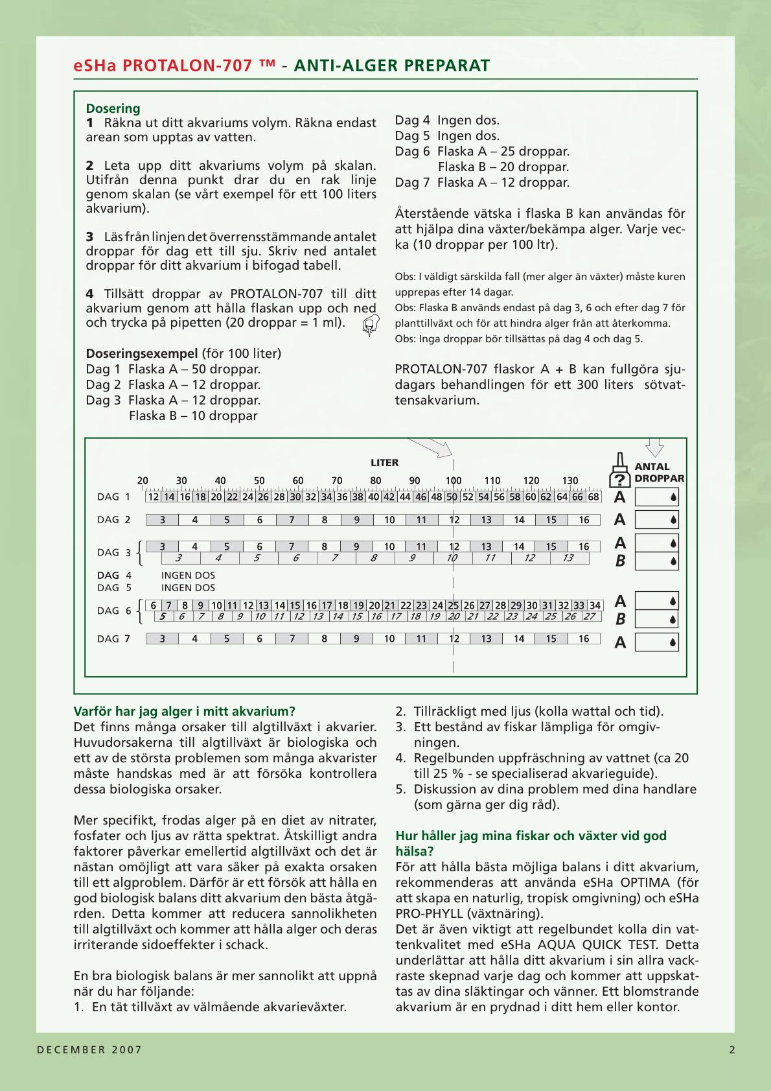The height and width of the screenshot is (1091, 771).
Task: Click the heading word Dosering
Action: [x=113, y=108]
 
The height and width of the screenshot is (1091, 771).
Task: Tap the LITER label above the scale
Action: [x=384, y=463]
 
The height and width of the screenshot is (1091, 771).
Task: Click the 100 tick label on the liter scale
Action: [x=454, y=481]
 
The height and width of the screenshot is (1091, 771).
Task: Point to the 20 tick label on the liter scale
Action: [x=143, y=481]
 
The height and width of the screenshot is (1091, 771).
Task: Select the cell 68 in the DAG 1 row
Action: [x=593, y=497]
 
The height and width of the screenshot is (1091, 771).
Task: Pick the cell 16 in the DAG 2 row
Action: [x=584, y=520]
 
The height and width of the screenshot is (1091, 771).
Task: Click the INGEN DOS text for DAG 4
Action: [x=188, y=576]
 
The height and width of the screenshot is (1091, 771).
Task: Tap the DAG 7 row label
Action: [x=113, y=639]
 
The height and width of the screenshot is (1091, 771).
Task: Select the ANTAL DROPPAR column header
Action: [x=659, y=473]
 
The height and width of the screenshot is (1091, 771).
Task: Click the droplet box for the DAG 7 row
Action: [x=656, y=642]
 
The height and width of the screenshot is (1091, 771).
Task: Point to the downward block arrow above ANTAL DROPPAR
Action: [x=655, y=447]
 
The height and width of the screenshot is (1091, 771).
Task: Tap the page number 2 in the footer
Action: [x=733, y=1050]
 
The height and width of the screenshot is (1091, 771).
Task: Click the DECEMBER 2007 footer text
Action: [x=89, y=1050]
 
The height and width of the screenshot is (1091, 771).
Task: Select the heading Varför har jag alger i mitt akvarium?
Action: [x=185, y=711]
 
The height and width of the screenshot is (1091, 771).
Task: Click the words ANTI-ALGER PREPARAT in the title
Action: [x=392, y=65]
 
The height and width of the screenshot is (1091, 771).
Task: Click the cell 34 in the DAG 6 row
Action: [x=595, y=605]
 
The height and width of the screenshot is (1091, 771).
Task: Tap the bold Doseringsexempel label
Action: [x=142, y=353]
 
